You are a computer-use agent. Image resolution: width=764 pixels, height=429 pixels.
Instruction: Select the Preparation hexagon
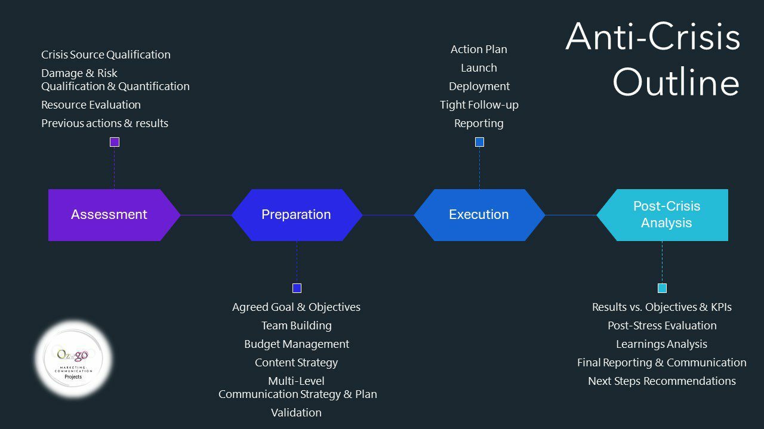[297, 215]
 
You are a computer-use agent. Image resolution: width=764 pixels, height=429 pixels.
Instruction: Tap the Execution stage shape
[479, 215]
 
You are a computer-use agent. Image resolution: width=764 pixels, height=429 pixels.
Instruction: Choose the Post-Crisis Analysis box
[666, 215]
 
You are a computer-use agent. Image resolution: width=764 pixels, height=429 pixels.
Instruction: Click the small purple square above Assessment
[115, 142]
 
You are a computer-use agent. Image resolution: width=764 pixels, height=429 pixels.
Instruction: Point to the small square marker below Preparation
[297, 288]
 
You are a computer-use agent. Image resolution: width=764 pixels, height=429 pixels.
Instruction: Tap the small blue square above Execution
[479, 142]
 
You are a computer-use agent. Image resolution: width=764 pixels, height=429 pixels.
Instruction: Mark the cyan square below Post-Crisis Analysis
[662, 288]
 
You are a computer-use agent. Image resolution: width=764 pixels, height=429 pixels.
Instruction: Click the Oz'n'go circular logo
[74, 359]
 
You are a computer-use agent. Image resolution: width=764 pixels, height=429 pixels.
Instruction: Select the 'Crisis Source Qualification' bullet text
[106, 55]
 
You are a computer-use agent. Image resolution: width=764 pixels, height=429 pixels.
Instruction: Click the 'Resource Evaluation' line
[91, 105]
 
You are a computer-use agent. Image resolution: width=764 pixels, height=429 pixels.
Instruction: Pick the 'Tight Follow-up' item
[479, 105]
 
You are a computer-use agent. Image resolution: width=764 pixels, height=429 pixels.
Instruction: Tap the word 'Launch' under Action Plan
[479, 68]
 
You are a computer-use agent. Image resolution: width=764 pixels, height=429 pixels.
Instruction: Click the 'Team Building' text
[297, 326]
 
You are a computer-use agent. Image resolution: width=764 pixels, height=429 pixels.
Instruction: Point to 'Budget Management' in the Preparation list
[297, 344]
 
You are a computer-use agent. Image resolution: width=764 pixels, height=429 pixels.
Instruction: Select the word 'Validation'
[297, 413]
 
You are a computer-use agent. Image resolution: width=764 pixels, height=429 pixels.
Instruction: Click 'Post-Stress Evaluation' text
[662, 326]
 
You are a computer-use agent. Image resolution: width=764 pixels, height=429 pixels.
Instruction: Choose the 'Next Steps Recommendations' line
[662, 381]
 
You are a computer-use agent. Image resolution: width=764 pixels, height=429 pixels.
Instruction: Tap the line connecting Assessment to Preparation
[206, 215]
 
